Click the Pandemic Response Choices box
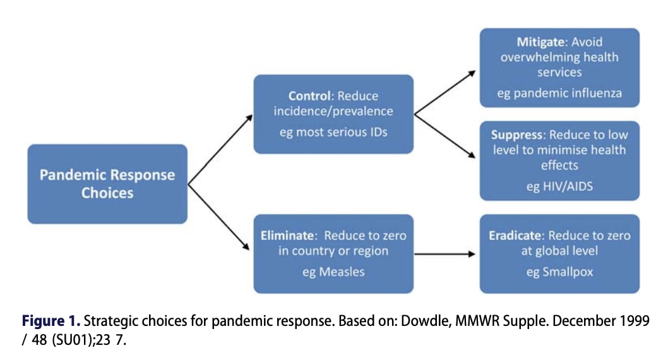click(x=107, y=184)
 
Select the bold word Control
click(x=310, y=96)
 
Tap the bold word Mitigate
click(x=540, y=42)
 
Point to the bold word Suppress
click(x=516, y=135)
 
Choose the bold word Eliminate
click(x=287, y=236)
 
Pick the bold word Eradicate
click(x=515, y=236)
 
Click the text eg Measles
click(x=333, y=272)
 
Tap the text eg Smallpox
click(x=559, y=272)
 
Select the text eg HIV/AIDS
click(x=559, y=186)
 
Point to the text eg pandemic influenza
click(x=559, y=93)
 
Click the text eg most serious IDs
click(x=333, y=132)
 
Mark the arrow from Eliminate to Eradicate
click(x=444, y=254)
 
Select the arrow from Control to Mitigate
click(x=444, y=93)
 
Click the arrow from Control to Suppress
click(x=444, y=136)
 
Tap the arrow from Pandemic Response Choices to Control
click(x=220, y=150)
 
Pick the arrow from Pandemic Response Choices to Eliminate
click(x=218, y=217)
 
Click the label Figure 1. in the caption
click(x=51, y=321)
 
